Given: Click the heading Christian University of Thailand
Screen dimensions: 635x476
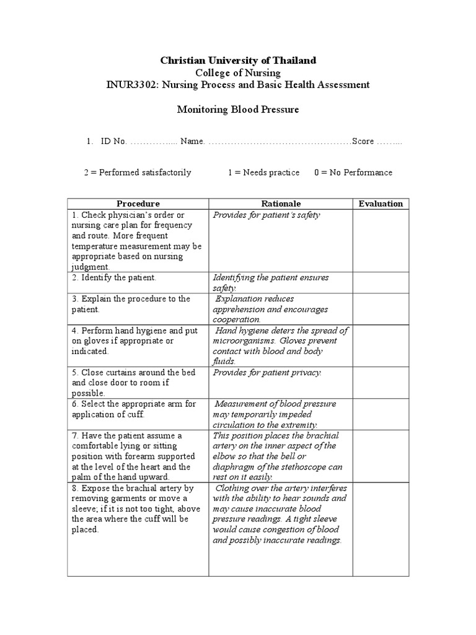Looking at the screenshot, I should point(238,60).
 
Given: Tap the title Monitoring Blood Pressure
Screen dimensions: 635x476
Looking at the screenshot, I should point(238,109).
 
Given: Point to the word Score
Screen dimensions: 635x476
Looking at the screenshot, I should point(363,141).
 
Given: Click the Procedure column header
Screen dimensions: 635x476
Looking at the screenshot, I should point(138,203).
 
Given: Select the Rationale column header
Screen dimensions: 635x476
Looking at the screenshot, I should point(281,203).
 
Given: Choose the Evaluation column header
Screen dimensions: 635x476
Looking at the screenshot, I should point(381,203).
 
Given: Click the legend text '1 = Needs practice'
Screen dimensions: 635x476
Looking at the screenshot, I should point(263,172).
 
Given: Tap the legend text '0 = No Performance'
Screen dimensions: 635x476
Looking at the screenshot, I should point(353,172).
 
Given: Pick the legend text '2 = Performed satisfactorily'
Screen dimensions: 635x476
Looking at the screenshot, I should point(138,172).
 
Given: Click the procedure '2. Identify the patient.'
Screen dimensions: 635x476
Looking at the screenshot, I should point(114,278).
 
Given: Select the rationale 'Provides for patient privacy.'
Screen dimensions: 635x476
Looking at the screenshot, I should point(267,373).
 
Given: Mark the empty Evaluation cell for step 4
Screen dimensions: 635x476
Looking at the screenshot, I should point(381,345).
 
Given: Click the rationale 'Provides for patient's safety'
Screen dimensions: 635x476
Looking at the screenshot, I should point(267,215).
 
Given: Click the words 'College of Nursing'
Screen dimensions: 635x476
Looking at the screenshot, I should point(238,73).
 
